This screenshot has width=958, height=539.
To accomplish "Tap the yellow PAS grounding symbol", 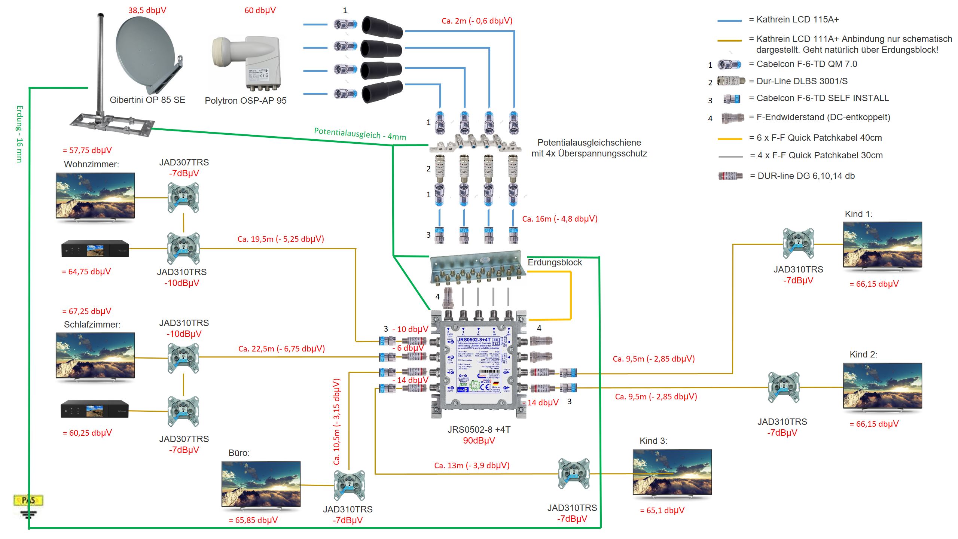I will click(28, 500).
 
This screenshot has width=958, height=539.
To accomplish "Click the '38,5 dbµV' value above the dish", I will click(147, 10).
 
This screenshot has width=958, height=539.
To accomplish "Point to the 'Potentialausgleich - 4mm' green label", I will click(360, 134).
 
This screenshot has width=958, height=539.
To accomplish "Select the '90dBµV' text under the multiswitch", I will click(479, 441).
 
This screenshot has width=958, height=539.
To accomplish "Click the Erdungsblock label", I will click(555, 262).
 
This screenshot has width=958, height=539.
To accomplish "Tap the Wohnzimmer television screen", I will click(95, 195).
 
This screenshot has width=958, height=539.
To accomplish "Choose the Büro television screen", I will click(261, 484).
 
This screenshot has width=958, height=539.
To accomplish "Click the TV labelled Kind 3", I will click(672, 472).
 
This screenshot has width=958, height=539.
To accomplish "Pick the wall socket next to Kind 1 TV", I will click(798, 243).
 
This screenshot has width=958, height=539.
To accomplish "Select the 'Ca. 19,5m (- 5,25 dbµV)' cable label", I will click(281, 239).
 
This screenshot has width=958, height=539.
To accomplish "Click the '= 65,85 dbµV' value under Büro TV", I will click(253, 520).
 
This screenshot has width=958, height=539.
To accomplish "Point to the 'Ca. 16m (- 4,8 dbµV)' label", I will click(560, 219).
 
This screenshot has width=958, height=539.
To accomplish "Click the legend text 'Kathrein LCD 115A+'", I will click(797, 19).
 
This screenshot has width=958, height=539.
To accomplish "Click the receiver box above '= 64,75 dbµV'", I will click(95, 249).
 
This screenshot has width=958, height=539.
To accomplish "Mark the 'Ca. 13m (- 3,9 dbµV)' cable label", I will click(472, 465).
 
